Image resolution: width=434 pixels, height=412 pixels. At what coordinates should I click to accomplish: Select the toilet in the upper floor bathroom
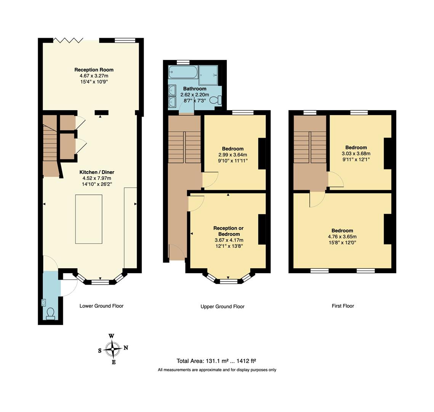218,100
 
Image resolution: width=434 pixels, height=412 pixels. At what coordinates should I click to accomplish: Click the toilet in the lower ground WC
50,313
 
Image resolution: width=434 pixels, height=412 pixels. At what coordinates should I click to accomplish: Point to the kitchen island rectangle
89,219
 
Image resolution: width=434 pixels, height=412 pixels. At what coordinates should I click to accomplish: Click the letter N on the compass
126,348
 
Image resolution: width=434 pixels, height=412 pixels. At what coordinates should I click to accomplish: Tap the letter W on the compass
111,336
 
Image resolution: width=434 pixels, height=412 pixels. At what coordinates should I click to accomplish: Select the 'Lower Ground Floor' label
101,306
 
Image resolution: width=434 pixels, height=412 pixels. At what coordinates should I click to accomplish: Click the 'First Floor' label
343,306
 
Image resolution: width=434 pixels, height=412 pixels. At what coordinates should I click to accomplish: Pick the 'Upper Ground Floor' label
222,306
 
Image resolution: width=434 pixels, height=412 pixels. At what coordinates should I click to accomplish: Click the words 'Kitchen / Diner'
97,172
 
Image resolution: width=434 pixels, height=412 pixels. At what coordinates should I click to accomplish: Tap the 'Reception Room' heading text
94,69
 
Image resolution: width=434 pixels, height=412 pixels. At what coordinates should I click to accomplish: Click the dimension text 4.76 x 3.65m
342,237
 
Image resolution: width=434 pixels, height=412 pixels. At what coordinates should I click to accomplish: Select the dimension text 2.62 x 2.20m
194,95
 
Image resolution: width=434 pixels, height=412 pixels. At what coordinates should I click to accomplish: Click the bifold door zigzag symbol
68,40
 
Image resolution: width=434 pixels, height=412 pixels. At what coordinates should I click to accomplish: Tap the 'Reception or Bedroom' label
229,231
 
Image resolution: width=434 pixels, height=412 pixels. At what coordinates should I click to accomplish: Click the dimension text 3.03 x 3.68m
356,154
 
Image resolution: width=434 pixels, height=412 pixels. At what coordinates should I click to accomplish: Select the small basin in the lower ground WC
43,303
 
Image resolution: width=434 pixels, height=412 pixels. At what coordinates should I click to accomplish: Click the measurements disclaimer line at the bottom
217,370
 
